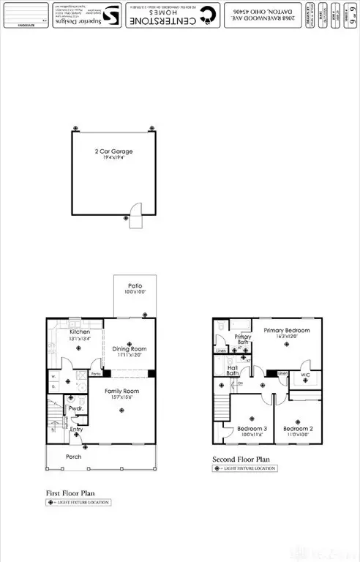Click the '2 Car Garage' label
113,151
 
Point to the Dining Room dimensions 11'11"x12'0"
129,355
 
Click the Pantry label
95,373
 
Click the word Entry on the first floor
77,430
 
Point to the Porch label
72,457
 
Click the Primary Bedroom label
287,331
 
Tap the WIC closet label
306,375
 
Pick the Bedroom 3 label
251,429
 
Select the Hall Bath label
233,370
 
